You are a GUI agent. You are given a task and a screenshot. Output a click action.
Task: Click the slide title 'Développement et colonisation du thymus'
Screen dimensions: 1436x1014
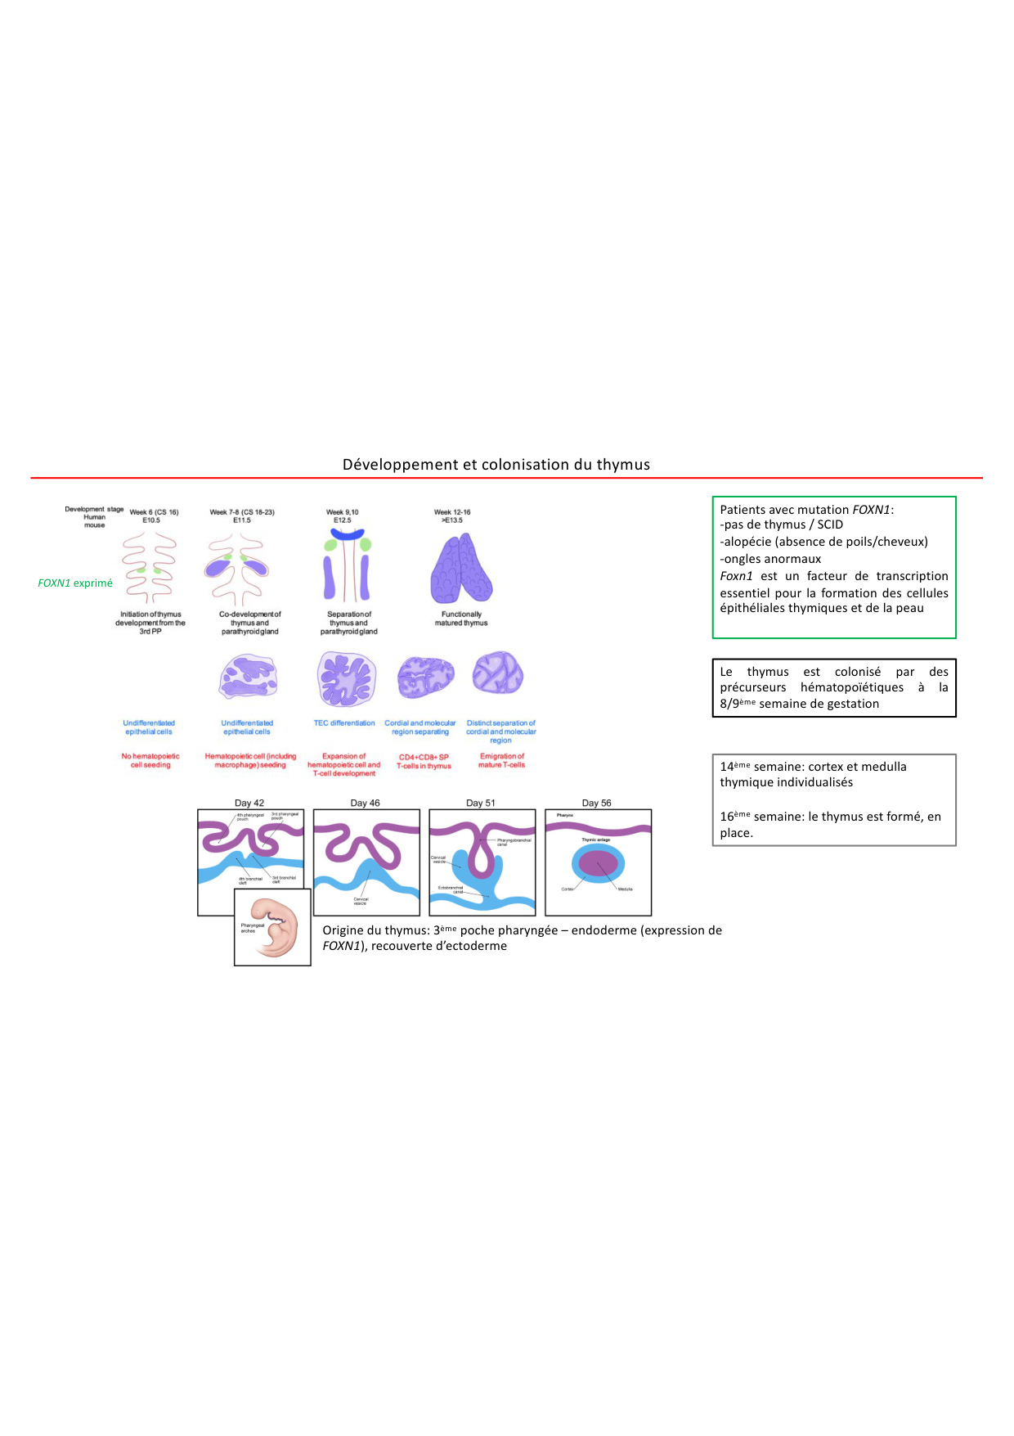point(496,465)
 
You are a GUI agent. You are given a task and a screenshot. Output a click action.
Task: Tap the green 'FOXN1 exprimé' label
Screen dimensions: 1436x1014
point(75,583)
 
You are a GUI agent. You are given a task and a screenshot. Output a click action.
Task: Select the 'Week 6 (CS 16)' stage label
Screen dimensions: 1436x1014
point(154,512)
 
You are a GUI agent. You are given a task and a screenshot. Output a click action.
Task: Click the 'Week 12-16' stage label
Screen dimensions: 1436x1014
point(452,512)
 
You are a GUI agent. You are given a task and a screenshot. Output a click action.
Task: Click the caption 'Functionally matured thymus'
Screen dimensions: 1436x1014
point(461,619)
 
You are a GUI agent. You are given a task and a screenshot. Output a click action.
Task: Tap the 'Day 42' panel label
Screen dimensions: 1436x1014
point(249,803)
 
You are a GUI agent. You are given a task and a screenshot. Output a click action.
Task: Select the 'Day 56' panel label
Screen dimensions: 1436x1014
point(597,803)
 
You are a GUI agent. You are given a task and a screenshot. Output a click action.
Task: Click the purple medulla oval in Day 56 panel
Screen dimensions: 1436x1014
point(599,863)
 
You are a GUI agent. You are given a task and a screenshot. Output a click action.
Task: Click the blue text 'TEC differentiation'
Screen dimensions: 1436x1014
point(344,723)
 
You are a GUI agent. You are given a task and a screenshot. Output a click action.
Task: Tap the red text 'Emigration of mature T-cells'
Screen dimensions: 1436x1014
point(502,761)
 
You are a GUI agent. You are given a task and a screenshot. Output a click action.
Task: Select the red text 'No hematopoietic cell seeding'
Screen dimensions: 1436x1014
point(150,761)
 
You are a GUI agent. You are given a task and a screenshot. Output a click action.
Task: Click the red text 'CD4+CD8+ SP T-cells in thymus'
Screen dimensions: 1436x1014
point(424,762)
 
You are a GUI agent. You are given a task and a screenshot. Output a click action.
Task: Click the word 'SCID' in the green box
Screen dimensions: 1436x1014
point(830,524)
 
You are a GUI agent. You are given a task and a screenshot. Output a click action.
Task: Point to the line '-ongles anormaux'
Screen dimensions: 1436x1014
point(770,559)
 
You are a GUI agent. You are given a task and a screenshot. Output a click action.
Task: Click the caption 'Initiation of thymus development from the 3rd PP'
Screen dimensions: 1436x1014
point(150,623)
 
